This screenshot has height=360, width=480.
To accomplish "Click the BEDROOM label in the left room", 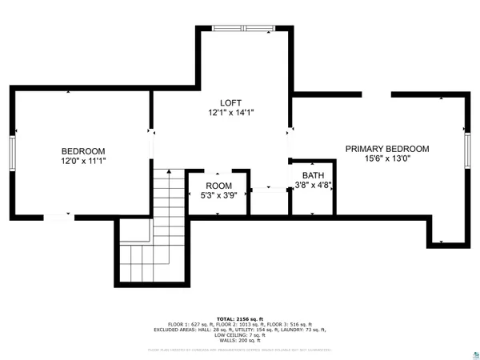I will click(83, 151).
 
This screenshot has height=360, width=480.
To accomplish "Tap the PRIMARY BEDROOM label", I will click(387, 149).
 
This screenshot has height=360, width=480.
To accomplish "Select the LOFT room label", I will click(230, 103).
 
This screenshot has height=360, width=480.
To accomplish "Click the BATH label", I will click(313, 175).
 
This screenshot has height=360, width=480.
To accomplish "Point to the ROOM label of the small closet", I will click(218, 186).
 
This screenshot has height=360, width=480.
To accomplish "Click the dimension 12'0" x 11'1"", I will click(83, 161).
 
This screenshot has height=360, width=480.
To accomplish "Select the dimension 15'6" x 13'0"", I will click(387, 158).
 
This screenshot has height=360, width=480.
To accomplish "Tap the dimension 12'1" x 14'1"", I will click(230, 113).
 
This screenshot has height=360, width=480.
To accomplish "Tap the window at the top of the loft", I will click(244, 28).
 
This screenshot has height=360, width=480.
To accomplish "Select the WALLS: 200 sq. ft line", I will click(241, 340).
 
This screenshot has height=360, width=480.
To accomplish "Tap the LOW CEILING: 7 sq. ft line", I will click(241, 334).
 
